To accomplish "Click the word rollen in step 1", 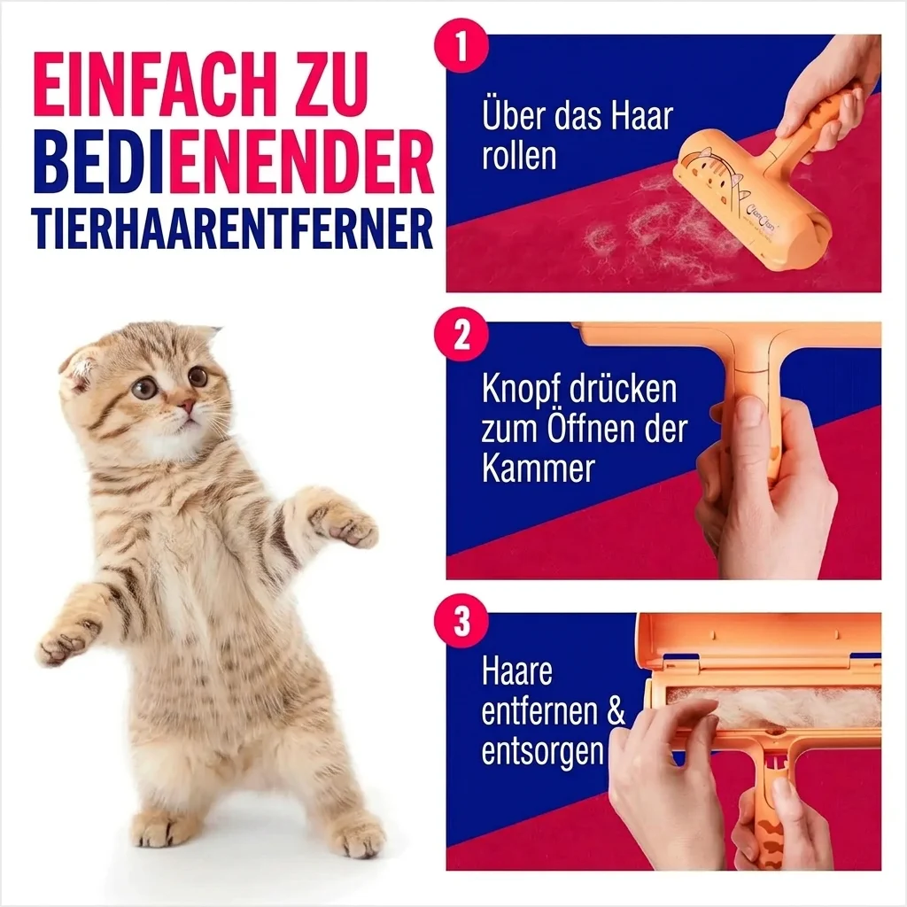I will pyautogui.click(x=519, y=156).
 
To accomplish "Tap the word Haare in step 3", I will pyautogui.click(x=517, y=671).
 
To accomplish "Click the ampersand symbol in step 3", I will pyautogui.click(x=616, y=711).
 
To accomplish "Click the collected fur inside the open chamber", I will pyautogui.click(x=779, y=709).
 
